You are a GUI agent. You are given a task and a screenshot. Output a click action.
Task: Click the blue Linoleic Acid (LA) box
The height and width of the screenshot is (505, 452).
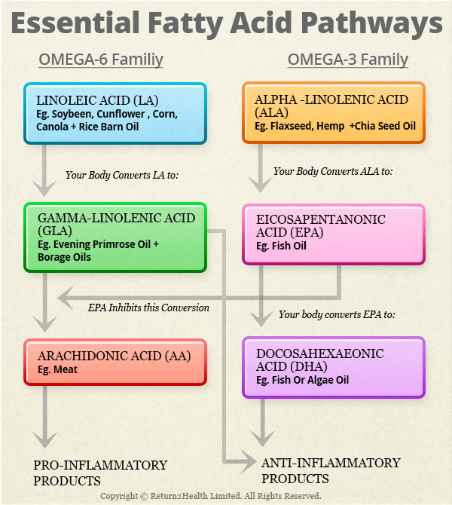(x=115, y=113)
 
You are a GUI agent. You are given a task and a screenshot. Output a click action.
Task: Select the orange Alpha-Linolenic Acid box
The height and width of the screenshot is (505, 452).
(x=334, y=112)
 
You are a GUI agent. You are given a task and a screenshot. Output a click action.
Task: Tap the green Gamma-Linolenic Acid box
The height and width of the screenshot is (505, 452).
(x=115, y=237)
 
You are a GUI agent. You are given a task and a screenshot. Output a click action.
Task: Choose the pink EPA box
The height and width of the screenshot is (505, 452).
(x=334, y=234)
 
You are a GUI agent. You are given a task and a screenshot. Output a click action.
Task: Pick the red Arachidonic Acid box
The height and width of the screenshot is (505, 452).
(x=115, y=362)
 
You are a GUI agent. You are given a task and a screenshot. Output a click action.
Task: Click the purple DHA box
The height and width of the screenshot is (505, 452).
(x=334, y=368)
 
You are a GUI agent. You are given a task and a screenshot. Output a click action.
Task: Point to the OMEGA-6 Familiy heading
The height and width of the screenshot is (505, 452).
(x=101, y=60)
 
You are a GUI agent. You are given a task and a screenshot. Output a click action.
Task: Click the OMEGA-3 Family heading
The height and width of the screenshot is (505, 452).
(x=348, y=60)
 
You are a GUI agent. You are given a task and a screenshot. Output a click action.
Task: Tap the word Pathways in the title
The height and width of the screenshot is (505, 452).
(x=372, y=24)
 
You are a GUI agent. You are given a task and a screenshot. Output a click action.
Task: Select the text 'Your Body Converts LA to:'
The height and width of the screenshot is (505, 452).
(x=122, y=175)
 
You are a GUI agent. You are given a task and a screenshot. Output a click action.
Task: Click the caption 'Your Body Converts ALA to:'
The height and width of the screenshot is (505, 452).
(x=333, y=171)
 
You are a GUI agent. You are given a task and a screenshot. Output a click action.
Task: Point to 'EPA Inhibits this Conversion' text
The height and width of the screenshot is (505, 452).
(x=148, y=308)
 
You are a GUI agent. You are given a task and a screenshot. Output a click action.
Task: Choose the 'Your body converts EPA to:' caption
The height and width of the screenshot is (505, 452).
(x=337, y=314)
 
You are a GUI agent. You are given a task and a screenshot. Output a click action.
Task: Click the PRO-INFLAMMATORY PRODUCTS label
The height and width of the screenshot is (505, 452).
(x=100, y=473)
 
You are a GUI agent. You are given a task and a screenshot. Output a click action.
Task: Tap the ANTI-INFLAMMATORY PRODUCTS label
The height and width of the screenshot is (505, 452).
(x=331, y=470)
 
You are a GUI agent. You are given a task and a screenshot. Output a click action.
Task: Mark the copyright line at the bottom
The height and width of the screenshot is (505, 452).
(x=211, y=496)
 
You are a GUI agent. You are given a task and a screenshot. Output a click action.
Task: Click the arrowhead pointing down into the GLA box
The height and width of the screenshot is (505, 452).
(x=44, y=188)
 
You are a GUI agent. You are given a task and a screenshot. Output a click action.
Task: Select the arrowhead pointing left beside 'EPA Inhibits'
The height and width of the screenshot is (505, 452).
(x=66, y=298)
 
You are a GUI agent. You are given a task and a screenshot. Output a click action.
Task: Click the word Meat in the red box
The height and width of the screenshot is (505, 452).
(x=66, y=369)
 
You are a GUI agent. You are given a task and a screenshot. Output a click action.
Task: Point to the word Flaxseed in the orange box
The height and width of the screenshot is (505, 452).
(x=292, y=126)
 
